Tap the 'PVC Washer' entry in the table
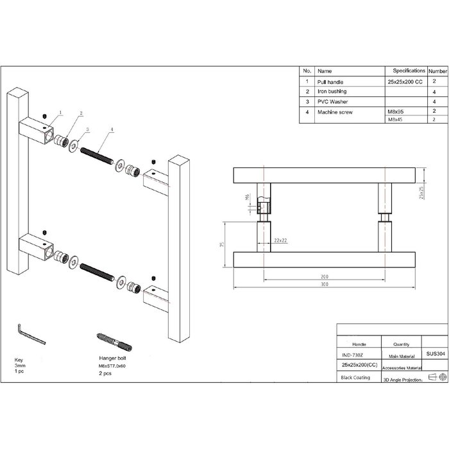pyautogui.click(x=332, y=102)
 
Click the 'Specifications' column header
pyautogui.click(x=409, y=71)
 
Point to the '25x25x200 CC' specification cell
pyautogui.click(x=405, y=82)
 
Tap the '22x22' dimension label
pyautogui.click(x=280, y=239)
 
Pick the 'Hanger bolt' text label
pyautogui.click(x=113, y=359)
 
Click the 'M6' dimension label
pyautogui.click(x=248, y=199)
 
